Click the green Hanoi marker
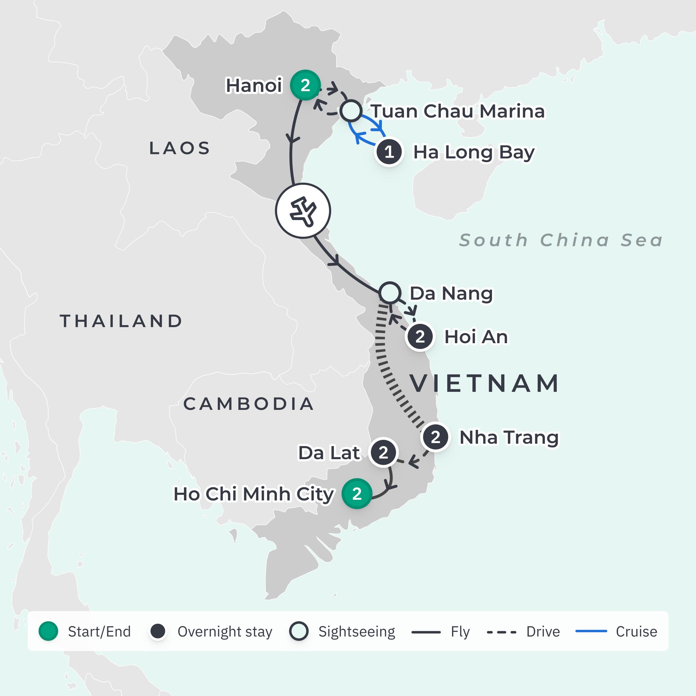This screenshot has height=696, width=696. [x=305, y=85]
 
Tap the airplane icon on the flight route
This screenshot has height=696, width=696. [x=303, y=211]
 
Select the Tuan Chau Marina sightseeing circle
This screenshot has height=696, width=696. [x=351, y=111]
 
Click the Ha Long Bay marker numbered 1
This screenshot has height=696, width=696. [x=389, y=152]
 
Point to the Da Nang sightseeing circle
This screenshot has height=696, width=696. [x=390, y=293]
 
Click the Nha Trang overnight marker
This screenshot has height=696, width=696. [x=435, y=437]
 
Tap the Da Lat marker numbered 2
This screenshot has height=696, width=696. [x=383, y=452]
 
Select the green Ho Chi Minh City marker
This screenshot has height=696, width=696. [x=357, y=494]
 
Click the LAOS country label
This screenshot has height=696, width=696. [x=180, y=148]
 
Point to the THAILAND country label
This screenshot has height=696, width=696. [x=121, y=321]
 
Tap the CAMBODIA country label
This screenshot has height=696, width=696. [x=248, y=404]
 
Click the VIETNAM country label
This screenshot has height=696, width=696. [x=485, y=383]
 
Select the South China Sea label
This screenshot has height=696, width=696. [x=561, y=240]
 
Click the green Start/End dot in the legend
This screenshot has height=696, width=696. [x=48, y=631]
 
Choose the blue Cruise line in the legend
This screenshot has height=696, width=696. [x=591, y=631]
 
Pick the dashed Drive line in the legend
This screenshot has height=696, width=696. [x=501, y=632]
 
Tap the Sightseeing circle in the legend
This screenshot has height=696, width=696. [x=299, y=631]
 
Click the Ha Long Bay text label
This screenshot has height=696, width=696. [x=473, y=152]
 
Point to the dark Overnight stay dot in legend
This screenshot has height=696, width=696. [x=158, y=631]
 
